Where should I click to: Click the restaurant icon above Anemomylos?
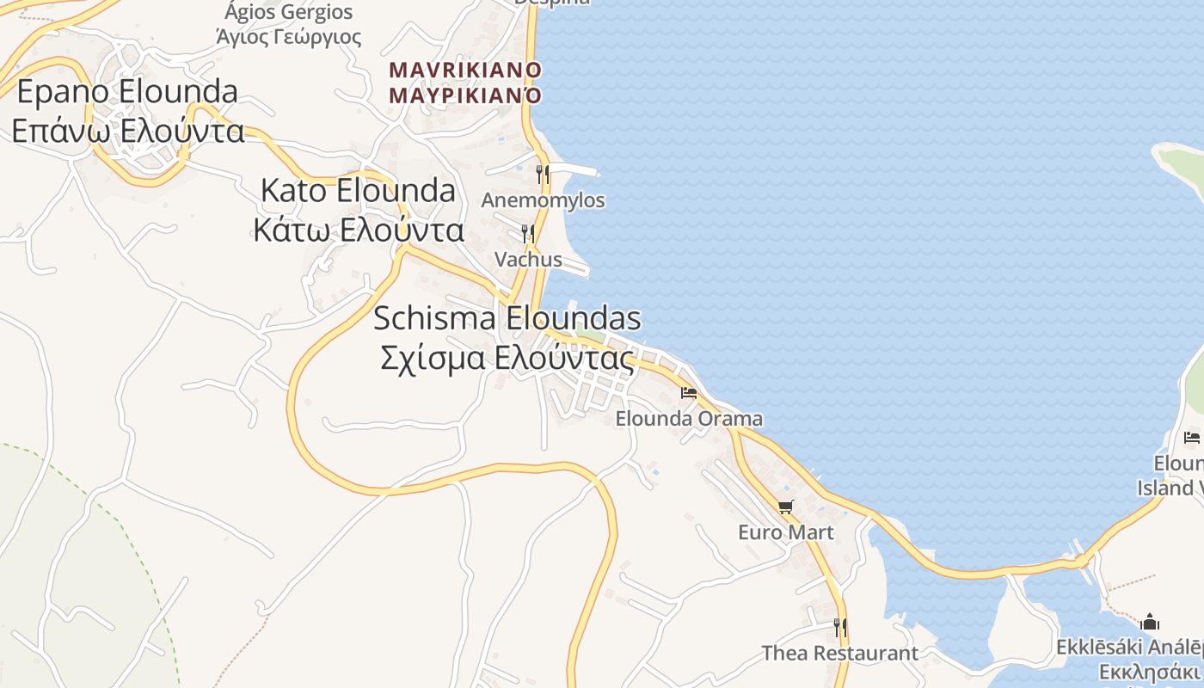click(x=543, y=175)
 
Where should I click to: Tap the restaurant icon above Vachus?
click(x=528, y=233)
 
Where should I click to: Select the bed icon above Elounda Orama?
click(x=689, y=393)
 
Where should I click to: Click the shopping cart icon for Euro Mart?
click(x=785, y=507)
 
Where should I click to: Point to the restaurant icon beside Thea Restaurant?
click(x=840, y=628)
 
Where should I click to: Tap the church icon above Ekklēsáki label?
click(x=1150, y=622)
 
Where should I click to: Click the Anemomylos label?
click(x=543, y=200)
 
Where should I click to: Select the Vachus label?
click(x=528, y=259)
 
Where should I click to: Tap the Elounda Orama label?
click(x=689, y=419)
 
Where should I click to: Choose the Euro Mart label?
click(x=786, y=532)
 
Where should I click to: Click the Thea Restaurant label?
click(x=840, y=654)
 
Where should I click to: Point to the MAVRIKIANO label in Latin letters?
click(x=465, y=70)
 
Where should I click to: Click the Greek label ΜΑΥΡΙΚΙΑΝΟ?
click(x=465, y=94)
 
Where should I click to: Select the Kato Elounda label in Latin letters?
click(x=358, y=191)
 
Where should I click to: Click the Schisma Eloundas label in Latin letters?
click(x=507, y=319)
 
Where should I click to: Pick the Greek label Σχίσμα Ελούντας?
click(x=507, y=358)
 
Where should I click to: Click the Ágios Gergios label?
click(x=288, y=12)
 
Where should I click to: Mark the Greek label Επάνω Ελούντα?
click(x=127, y=131)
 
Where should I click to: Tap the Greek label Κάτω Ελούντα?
click(x=359, y=230)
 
